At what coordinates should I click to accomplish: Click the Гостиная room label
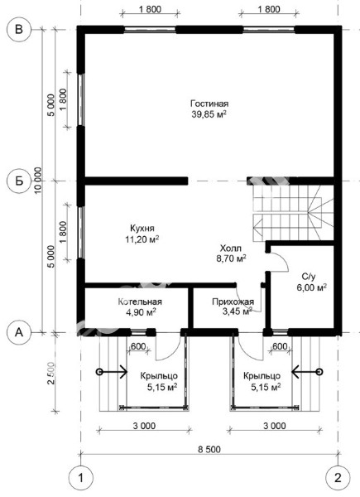point(209,104)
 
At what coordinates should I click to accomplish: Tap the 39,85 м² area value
point(209,114)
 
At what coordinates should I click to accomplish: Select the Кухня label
point(142,229)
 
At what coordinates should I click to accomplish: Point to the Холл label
point(231,248)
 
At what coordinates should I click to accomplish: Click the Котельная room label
point(140,302)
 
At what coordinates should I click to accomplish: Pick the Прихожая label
point(233,302)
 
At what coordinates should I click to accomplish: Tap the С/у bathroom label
point(309,277)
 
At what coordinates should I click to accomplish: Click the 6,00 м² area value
point(311,287)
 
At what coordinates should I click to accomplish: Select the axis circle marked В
point(19,30)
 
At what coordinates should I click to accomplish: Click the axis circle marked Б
point(19,181)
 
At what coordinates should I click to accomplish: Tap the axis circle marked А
point(19,332)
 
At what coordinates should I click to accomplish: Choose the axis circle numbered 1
point(81,478)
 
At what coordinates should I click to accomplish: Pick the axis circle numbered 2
point(338,478)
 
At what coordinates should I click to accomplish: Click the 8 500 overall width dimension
point(209,450)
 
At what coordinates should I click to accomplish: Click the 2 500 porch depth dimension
point(50,374)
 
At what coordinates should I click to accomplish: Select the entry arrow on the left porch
point(113,371)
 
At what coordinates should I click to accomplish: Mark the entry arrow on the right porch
point(307,371)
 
